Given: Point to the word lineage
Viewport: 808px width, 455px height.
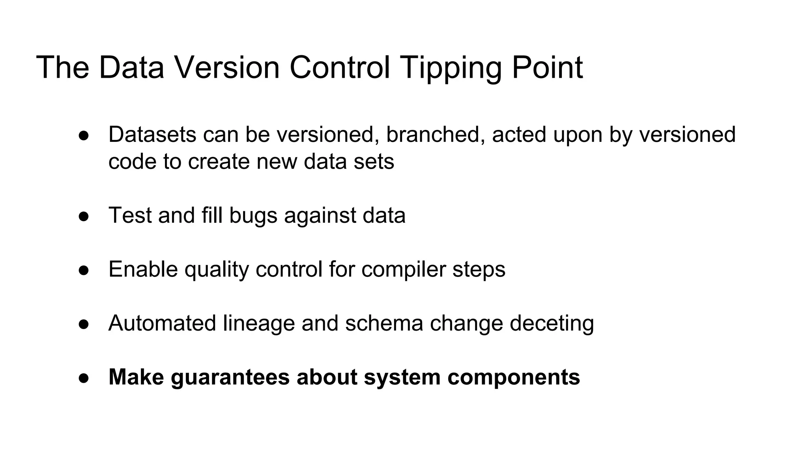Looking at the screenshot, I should coord(259,324).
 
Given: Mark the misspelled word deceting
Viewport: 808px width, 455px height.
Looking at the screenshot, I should coord(552,324).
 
